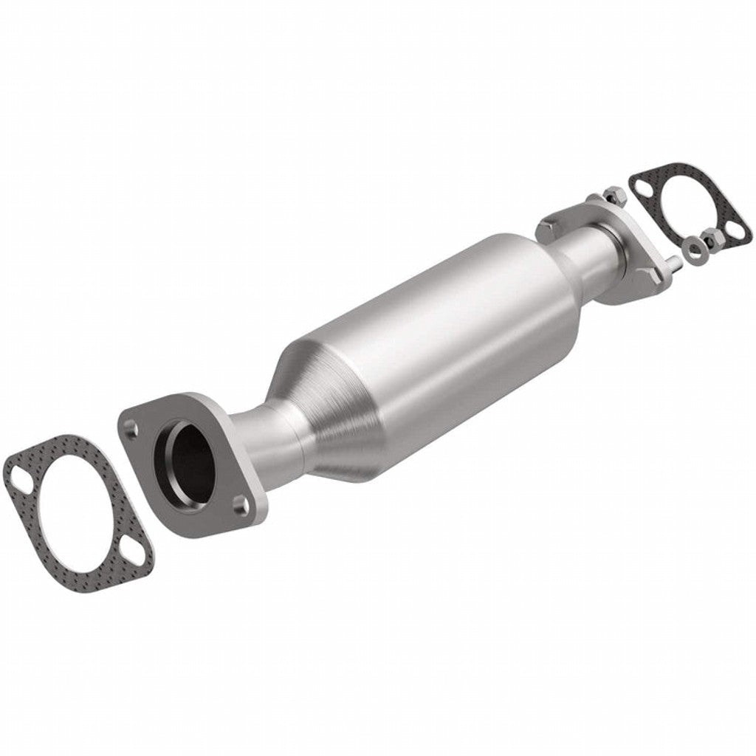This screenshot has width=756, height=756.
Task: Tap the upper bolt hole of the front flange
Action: (x=131, y=426)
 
